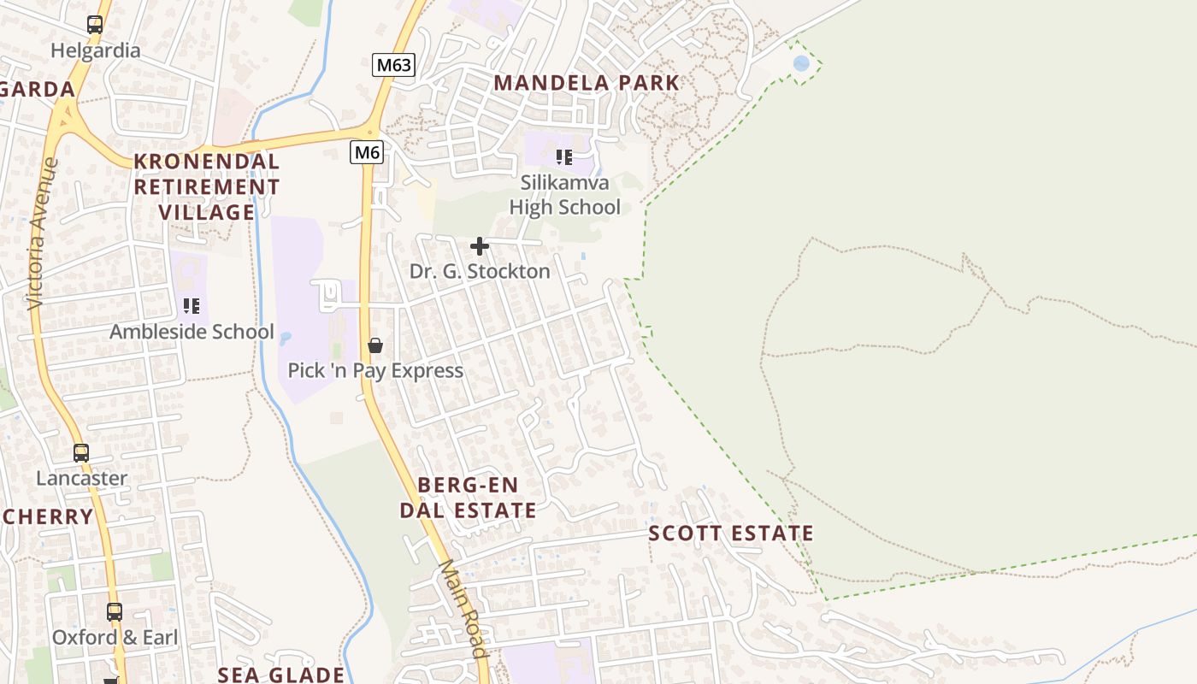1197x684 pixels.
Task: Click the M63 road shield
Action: [393, 65]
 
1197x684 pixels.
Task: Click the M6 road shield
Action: [367, 152]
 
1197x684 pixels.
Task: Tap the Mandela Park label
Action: [587, 83]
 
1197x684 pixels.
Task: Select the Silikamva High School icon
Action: [564, 157]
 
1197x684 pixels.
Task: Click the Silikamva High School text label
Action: [565, 195]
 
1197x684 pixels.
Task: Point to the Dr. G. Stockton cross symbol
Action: [480, 247]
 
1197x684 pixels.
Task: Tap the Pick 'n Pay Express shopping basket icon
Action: [374, 345]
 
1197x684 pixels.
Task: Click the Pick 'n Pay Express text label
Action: [375, 370]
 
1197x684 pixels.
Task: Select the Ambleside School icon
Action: [192, 306]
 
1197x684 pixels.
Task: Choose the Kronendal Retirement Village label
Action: [207, 186]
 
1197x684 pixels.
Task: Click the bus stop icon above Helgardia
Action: [95, 25]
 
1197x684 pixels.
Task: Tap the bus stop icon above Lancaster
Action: [81, 453]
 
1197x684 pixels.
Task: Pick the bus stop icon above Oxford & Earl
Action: [115, 612]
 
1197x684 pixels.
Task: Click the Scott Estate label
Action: [731, 534]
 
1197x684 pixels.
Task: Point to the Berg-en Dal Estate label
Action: [469, 498]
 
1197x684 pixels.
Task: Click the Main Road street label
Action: [464, 609]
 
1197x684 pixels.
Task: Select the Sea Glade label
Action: [280, 675]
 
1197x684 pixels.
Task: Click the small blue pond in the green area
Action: [801, 63]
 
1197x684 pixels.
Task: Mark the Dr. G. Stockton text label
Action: [480, 271]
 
